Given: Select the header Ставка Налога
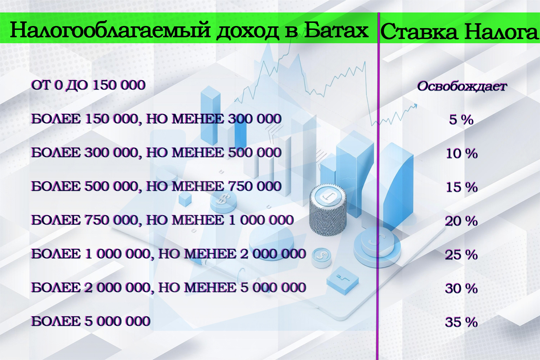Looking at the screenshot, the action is point(459,32).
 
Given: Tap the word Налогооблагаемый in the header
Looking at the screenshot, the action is point(110,30).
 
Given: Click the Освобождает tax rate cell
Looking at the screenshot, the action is point(462,86).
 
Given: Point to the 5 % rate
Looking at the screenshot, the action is point(461,120).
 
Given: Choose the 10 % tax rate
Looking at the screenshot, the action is point(461,153).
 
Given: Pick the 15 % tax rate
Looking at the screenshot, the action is point(461,187).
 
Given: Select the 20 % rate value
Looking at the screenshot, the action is point(461,221).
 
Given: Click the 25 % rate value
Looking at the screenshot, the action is point(461,255).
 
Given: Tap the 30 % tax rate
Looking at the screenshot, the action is point(461,288).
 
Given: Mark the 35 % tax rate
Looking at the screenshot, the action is point(461,322).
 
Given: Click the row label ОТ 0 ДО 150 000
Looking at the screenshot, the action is point(88,85).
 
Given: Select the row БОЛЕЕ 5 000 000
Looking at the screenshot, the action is point(91,321).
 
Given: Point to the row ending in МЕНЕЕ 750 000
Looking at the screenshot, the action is point(156,186).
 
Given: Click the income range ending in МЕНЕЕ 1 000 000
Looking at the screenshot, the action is point(162,220).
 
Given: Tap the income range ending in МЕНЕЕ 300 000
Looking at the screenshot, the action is point(156,119).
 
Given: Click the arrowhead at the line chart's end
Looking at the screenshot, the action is point(415,105).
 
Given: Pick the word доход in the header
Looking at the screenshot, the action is point(248,31).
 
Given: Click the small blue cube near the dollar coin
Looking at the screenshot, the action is point(185,199).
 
